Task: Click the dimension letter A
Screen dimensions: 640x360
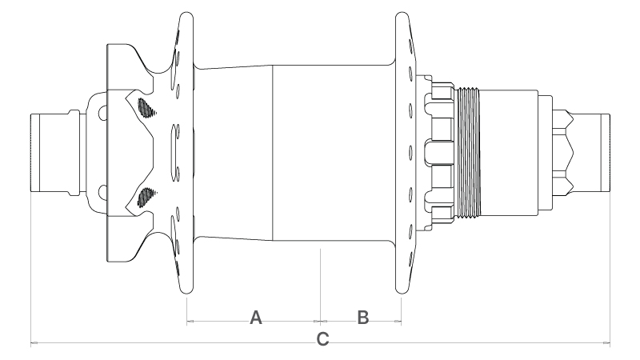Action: tap(256, 318)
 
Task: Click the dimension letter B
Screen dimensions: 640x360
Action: tap(363, 318)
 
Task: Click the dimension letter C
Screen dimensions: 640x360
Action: tap(323, 339)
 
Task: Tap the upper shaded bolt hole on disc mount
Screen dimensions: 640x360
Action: tap(146, 108)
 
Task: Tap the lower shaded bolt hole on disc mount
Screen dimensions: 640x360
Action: tap(146, 197)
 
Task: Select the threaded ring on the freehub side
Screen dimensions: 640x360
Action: tap(469, 153)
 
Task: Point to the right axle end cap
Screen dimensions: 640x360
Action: tap(591, 153)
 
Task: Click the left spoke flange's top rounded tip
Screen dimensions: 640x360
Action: tap(186, 14)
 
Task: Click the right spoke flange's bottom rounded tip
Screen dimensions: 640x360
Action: tap(402, 291)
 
